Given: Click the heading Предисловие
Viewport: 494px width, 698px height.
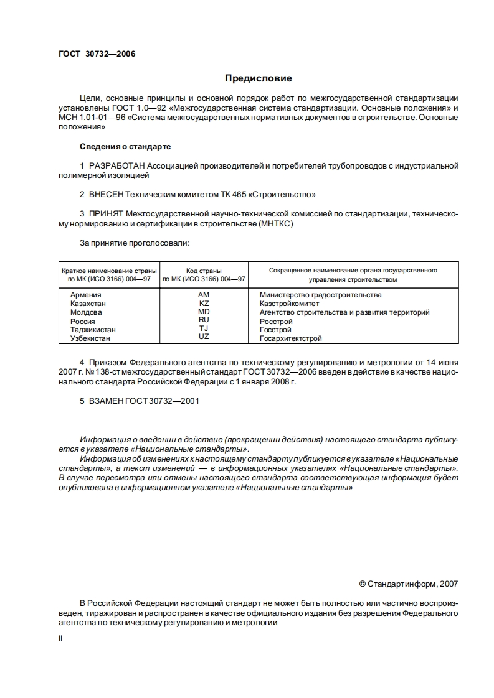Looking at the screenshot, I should pyautogui.click(x=258, y=78).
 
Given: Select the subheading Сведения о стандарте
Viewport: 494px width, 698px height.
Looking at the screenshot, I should pyautogui.click(x=125, y=146).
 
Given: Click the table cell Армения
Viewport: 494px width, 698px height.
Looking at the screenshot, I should pyautogui.click(x=86, y=295).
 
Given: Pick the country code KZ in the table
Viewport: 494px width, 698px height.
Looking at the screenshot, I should pyautogui.click(x=204, y=303).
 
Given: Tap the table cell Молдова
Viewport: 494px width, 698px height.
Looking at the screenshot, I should pyautogui.click(x=87, y=312).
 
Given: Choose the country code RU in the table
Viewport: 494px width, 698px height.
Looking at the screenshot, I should pyautogui.click(x=204, y=320).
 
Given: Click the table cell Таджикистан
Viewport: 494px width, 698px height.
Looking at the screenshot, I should pyautogui.click(x=93, y=330).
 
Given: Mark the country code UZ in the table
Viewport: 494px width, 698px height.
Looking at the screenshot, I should pyautogui.click(x=204, y=337).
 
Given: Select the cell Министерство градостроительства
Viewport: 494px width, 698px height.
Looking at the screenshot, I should pyautogui.click(x=320, y=295).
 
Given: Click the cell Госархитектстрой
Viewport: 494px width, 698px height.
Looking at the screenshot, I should pyautogui.click(x=290, y=339).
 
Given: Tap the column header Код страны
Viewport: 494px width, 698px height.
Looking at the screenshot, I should pyautogui.click(x=203, y=271).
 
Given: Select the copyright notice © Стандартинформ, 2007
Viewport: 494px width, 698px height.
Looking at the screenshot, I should pyautogui.click(x=409, y=584).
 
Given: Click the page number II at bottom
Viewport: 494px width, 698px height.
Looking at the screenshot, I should pyautogui.click(x=60, y=638).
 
